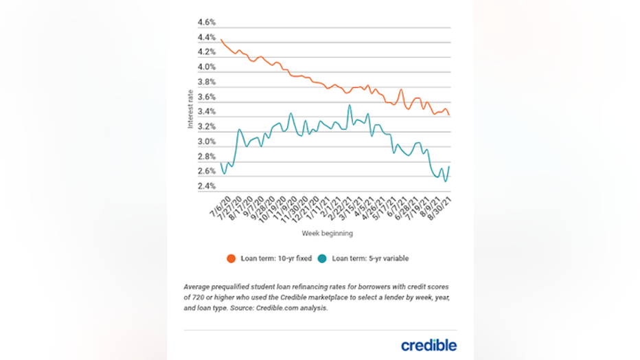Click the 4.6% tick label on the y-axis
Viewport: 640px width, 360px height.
click(x=207, y=23)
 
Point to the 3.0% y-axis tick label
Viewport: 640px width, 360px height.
click(x=207, y=142)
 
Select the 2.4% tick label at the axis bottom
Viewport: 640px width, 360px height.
click(x=207, y=186)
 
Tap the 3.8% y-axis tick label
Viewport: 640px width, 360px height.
click(x=207, y=82)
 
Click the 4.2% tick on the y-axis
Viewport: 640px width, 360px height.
click(x=207, y=52)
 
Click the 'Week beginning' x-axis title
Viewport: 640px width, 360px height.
click(x=328, y=234)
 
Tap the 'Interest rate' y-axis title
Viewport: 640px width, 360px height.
click(x=191, y=110)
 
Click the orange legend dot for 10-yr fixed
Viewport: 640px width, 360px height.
click(x=231, y=259)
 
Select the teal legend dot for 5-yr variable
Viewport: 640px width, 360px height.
click(x=322, y=259)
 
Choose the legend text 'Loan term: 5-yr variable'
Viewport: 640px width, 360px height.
click(x=370, y=259)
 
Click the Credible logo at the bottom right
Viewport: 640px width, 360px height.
click(x=428, y=345)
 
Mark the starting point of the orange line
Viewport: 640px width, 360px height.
click(x=221, y=40)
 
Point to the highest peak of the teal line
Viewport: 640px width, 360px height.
click(x=350, y=105)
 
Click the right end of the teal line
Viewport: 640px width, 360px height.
click(x=449, y=166)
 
